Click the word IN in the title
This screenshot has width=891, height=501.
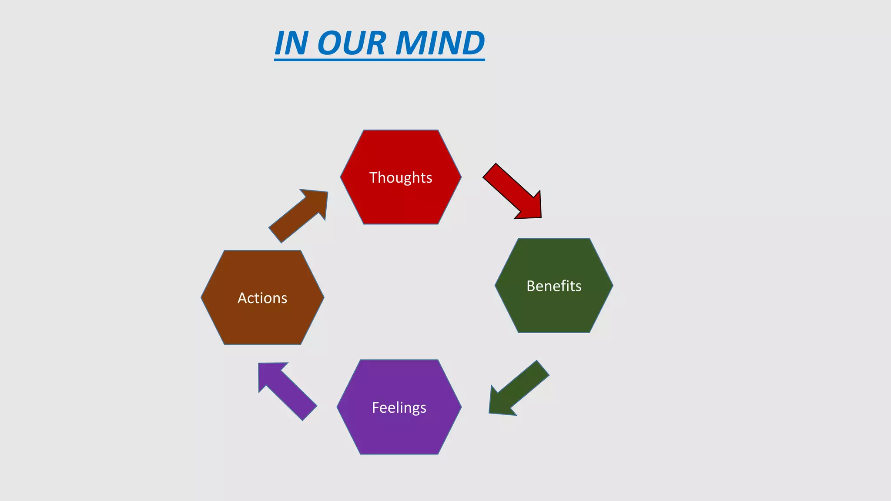291,43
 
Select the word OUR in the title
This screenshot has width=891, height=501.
352,43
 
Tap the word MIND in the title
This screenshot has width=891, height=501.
440,43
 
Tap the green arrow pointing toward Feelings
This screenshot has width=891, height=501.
520,387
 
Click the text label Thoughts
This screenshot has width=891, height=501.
401,178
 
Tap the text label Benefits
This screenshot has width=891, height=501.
554,286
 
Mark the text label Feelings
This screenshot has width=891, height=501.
399,407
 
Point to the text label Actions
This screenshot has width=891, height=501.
262,298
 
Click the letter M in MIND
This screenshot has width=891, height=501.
411,43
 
